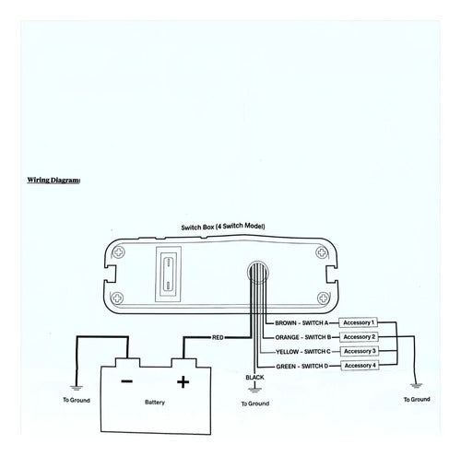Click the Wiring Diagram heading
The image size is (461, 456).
[53, 180]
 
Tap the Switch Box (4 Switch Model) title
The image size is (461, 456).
[223, 227]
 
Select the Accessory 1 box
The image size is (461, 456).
[359, 322]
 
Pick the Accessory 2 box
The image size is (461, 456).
[359, 337]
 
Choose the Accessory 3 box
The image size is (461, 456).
[360, 351]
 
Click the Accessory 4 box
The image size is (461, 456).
[360, 366]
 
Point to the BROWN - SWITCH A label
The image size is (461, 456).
[301, 323]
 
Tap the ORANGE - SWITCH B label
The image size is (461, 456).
[303, 337]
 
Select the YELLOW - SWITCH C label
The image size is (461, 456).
[303, 352]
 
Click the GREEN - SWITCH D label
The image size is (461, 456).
[302, 366]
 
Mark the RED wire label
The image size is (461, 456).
[218, 337]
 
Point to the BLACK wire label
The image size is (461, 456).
[254, 377]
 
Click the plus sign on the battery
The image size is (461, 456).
[183, 382]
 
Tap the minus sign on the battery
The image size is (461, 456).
[127, 381]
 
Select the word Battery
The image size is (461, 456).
[155, 403]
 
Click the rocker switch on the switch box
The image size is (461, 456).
[169, 275]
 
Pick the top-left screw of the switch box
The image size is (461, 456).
[118, 252]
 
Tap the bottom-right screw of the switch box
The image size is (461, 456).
[323, 298]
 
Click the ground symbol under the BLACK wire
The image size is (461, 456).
[254, 390]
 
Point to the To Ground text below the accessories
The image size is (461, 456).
[417, 400]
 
